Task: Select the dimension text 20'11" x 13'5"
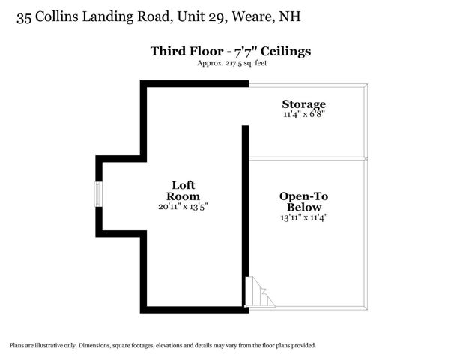pos(184,205)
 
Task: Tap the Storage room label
pos(303,103)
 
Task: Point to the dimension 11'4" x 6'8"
pos(303,114)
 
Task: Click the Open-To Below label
pos(303,202)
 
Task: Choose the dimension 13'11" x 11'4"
pos(303,217)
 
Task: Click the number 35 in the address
pos(25,16)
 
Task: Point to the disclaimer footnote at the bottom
pos(163,346)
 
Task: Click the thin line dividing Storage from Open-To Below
pos(307,158)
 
